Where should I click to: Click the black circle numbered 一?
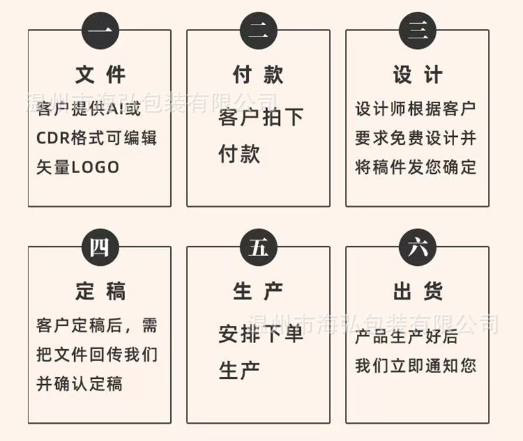[100, 30]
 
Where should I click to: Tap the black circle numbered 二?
[258, 30]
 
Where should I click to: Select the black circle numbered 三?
[418, 30]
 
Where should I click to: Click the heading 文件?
[100, 75]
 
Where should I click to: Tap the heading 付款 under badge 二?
[258, 75]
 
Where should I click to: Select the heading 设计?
[418, 75]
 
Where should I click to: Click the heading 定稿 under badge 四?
[100, 291]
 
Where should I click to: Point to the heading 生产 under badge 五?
[258, 291]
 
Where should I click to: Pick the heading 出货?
[418, 291]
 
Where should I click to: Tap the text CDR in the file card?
[50, 139]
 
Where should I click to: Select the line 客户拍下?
[261, 118]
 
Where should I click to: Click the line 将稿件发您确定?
[416, 167]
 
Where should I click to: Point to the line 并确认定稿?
[79, 383]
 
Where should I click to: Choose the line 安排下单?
[261, 334]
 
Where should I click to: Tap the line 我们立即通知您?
[416, 365]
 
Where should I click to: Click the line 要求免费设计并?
[416, 138]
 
